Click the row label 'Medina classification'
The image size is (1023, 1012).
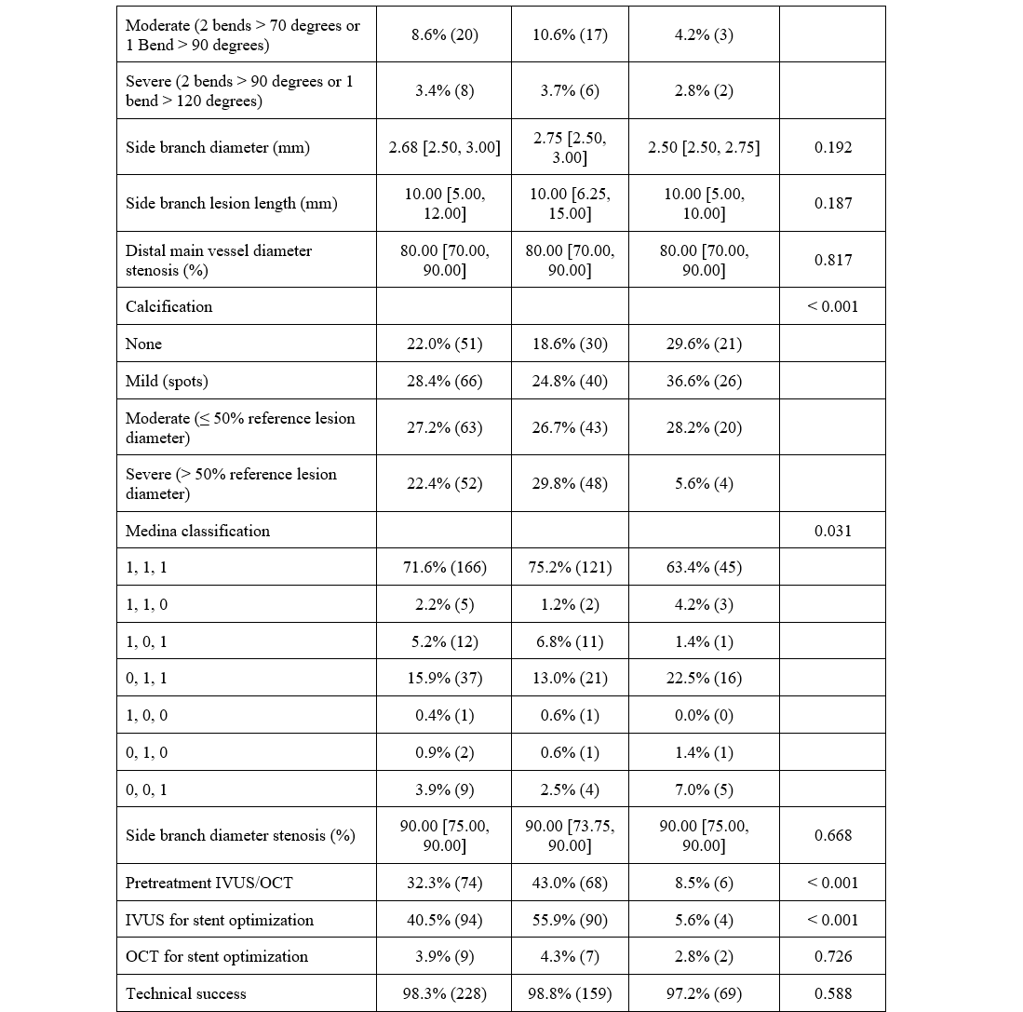pos(197,531)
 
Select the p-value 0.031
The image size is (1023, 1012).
pos(832,531)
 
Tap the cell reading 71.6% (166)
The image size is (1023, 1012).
pos(444,567)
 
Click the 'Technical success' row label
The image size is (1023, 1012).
pos(186,993)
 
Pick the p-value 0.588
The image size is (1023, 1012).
pos(832,993)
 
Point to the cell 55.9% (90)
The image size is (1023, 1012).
pos(570,920)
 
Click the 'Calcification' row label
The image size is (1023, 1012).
pos(168,306)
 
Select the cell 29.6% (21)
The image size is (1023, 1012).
pos(703,344)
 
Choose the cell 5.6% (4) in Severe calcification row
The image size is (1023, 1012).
pos(703,483)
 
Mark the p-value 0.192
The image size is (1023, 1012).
pos(832,147)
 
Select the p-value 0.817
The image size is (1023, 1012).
pos(832,261)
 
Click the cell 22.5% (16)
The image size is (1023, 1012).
pos(703,678)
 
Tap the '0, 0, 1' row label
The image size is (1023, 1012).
pos(146,789)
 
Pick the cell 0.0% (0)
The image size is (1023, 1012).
pos(703,715)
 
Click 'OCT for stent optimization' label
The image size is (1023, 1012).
pos(217,956)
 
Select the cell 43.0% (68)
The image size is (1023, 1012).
pos(570,883)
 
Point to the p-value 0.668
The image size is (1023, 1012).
pos(832,835)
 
